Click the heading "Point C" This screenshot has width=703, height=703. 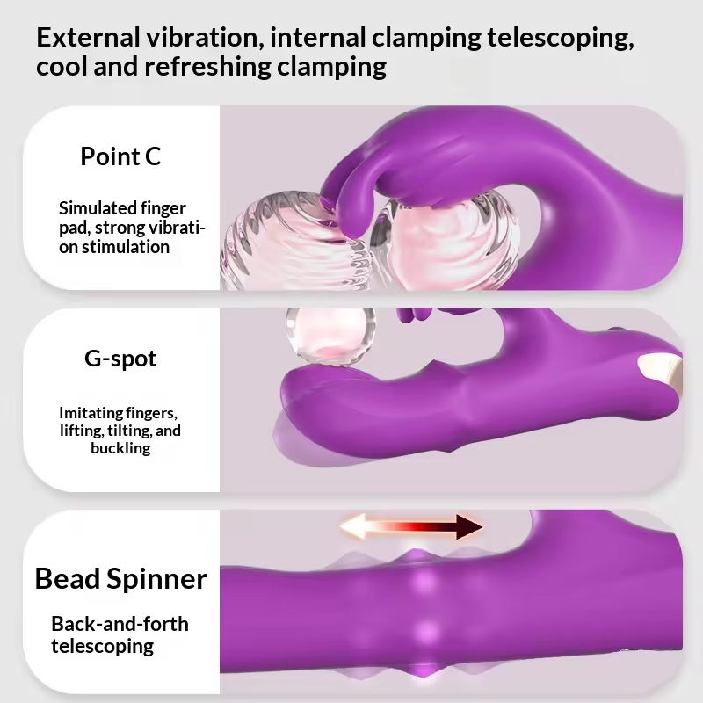[120, 156]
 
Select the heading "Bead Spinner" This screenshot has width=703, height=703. [120, 578]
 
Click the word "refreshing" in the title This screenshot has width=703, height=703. [199, 67]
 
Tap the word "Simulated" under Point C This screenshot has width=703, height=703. [98, 208]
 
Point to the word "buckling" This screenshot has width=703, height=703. [120, 448]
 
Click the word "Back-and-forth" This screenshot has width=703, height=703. [120, 625]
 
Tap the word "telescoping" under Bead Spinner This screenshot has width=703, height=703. [102, 647]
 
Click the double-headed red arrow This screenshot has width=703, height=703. [411, 527]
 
